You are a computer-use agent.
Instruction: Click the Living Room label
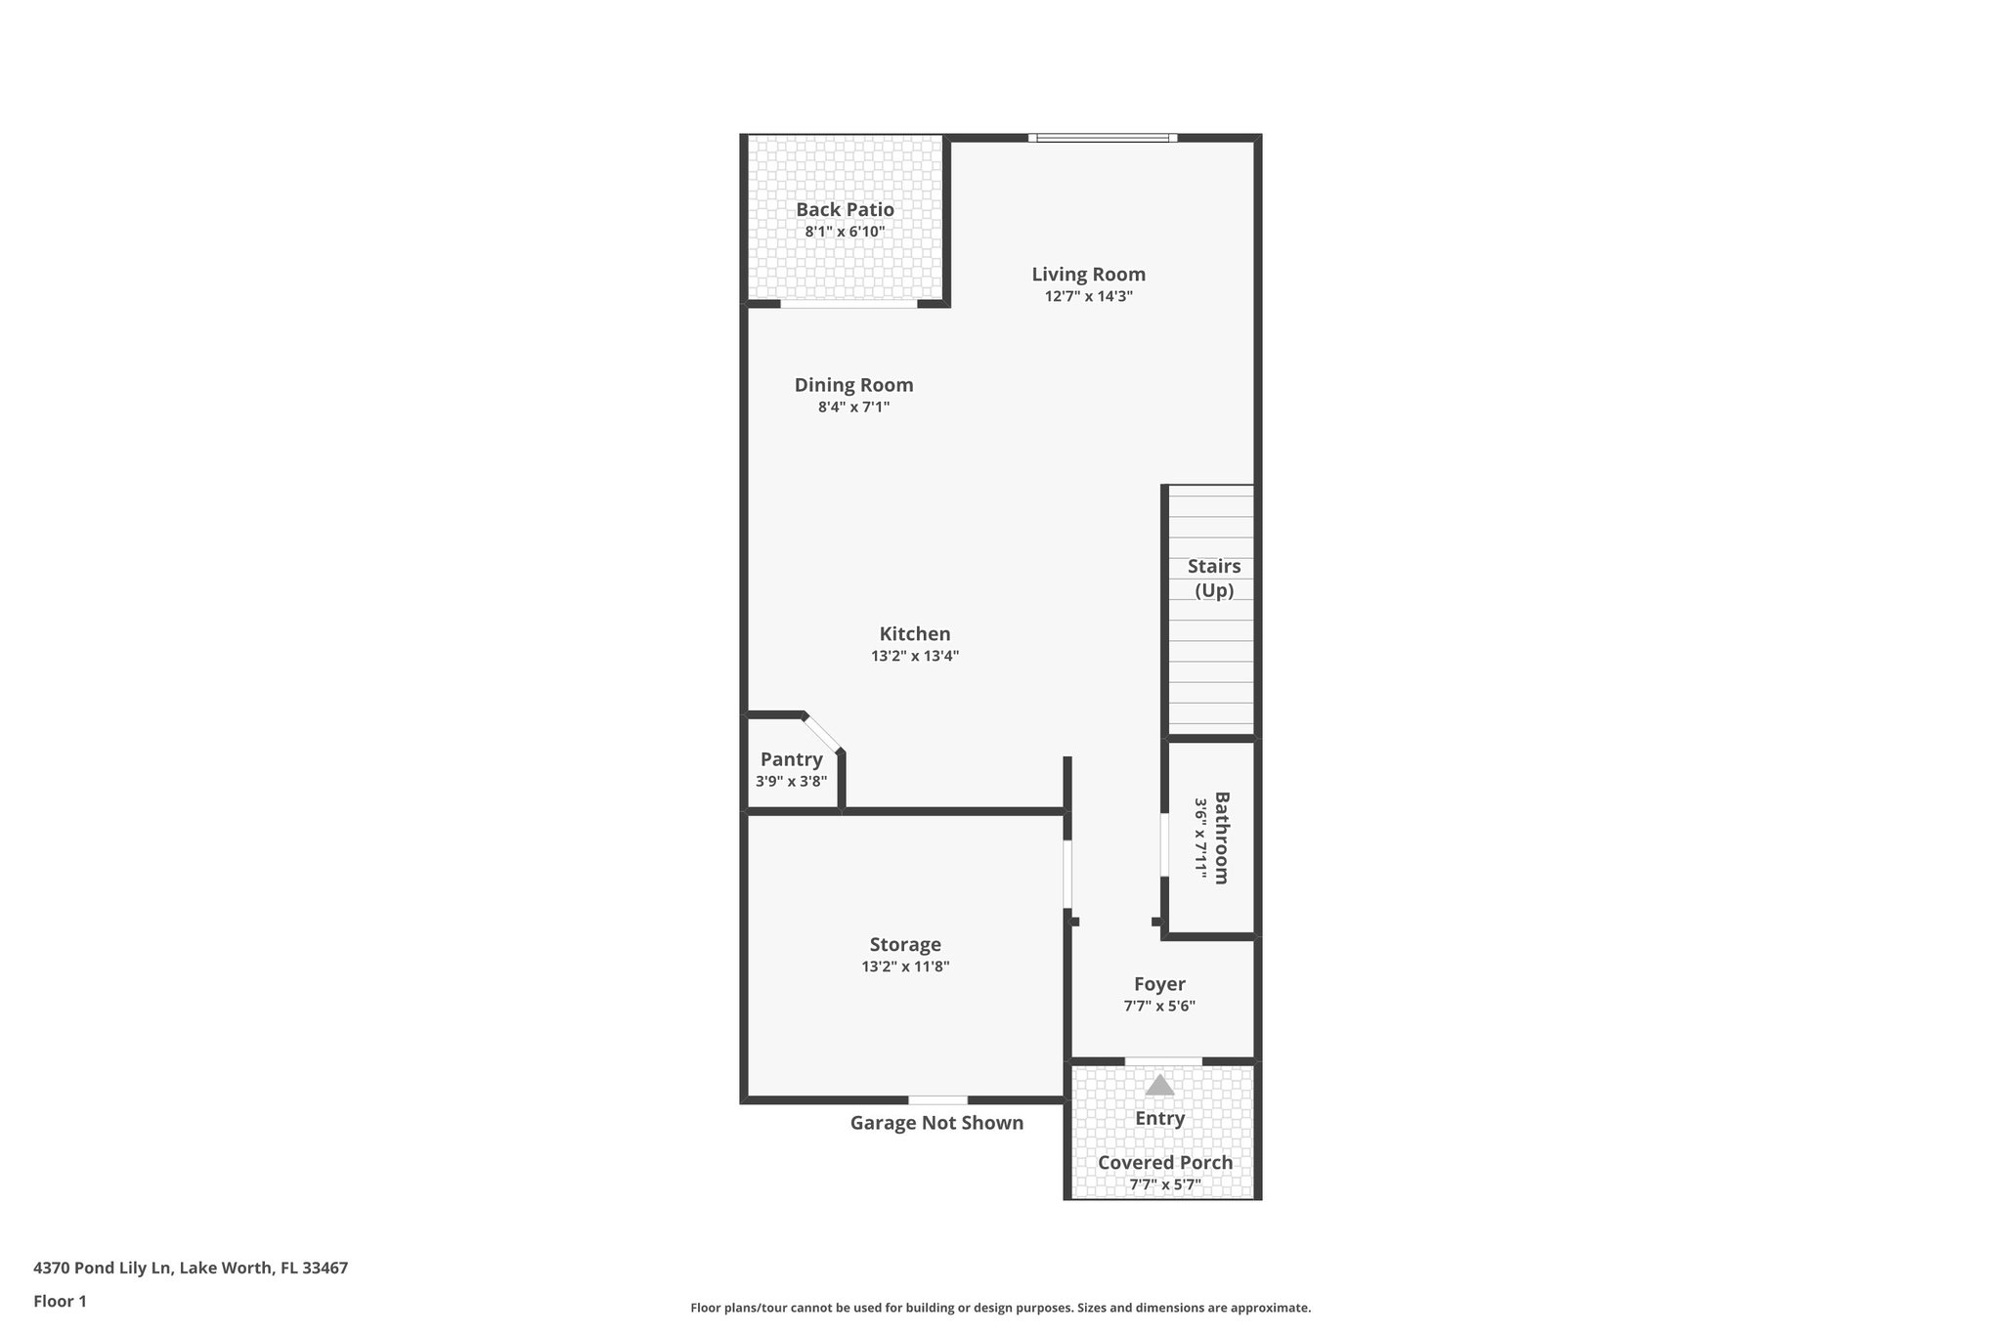(1088, 275)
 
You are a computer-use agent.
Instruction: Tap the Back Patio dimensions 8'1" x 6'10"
(845, 232)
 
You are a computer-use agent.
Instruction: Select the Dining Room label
(853, 385)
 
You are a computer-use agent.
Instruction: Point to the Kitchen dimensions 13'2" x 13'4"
(915, 656)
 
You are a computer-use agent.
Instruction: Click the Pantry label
(791, 759)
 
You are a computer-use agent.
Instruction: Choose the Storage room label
(905, 944)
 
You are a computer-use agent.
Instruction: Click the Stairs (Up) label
(1214, 578)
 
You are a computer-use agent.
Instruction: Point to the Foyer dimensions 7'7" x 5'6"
(1159, 1006)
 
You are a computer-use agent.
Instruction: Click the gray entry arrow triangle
(1159, 1085)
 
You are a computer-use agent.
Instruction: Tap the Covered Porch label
(1164, 1162)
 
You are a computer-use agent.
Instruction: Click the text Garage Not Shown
(936, 1123)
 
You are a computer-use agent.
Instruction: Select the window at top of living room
(1103, 138)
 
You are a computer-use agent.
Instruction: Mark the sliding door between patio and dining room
(849, 304)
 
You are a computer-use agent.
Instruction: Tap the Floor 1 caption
(60, 1301)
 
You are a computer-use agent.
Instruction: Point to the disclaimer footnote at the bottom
(1000, 1308)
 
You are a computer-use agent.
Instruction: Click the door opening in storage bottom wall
(937, 1100)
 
